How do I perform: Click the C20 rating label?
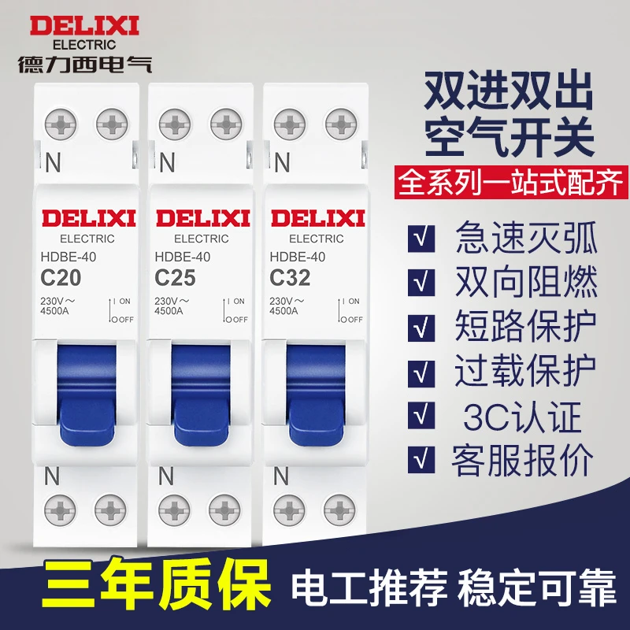tap(61, 278)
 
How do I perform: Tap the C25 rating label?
tap(175, 278)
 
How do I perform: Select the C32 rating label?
tap(290, 278)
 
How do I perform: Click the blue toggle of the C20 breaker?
tap(87, 395)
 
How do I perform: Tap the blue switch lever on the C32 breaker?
tap(316, 395)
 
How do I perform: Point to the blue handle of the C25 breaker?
tap(201, 395)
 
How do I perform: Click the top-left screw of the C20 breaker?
tap(61, 124)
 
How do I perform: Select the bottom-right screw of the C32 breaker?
tap(339, 510)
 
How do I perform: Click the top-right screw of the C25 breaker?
tap(226, 124)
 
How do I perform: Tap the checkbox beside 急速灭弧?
tap(421, 239)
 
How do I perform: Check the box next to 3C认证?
tap(421, 415)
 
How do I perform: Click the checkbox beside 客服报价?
tap(421, 459)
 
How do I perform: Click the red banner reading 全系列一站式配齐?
tap(510, 183)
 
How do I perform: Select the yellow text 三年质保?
tap(156, 584)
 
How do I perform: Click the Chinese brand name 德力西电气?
tap(85, 64)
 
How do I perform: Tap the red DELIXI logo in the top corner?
tap(84, 26)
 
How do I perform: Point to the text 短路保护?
tap(525, 326)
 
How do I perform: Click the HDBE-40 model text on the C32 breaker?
tap(298, 257)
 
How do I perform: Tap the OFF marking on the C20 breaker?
tap(126, 320)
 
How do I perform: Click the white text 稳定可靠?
tap(536, 588)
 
